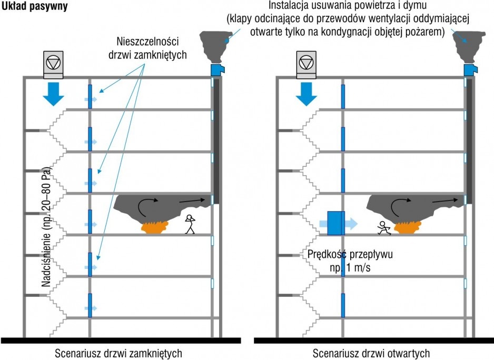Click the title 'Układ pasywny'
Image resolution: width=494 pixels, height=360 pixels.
point(34,6)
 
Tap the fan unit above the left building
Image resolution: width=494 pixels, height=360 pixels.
point(53,65)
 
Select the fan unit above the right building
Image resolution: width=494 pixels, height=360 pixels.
point(306,65)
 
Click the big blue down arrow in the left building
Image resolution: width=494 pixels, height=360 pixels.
point(54,94)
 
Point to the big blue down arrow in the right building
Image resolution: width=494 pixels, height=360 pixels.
point(306,94)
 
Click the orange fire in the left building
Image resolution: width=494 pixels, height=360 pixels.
point(154,227)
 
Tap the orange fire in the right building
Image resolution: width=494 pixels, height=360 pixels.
point(408,227)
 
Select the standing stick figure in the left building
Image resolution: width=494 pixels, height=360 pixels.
point(190,224)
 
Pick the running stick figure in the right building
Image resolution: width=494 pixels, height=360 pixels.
point(384,228)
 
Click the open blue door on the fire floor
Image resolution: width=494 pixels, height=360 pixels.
point(336,223)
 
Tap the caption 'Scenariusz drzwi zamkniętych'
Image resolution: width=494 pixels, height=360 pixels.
point(118,353)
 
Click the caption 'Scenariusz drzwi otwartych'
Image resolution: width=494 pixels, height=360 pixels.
point(371,353)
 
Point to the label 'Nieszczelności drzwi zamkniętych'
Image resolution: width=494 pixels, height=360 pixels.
point(147,48)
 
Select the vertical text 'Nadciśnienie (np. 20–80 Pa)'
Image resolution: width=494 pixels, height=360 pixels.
point(46,226)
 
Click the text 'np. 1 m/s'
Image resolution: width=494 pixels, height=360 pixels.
point(350,268)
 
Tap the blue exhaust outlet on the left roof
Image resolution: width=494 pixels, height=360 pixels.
point(218,70)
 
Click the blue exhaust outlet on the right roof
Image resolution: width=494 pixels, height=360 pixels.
point(470,70)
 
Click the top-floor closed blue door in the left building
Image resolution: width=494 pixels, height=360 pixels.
point(90,96)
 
